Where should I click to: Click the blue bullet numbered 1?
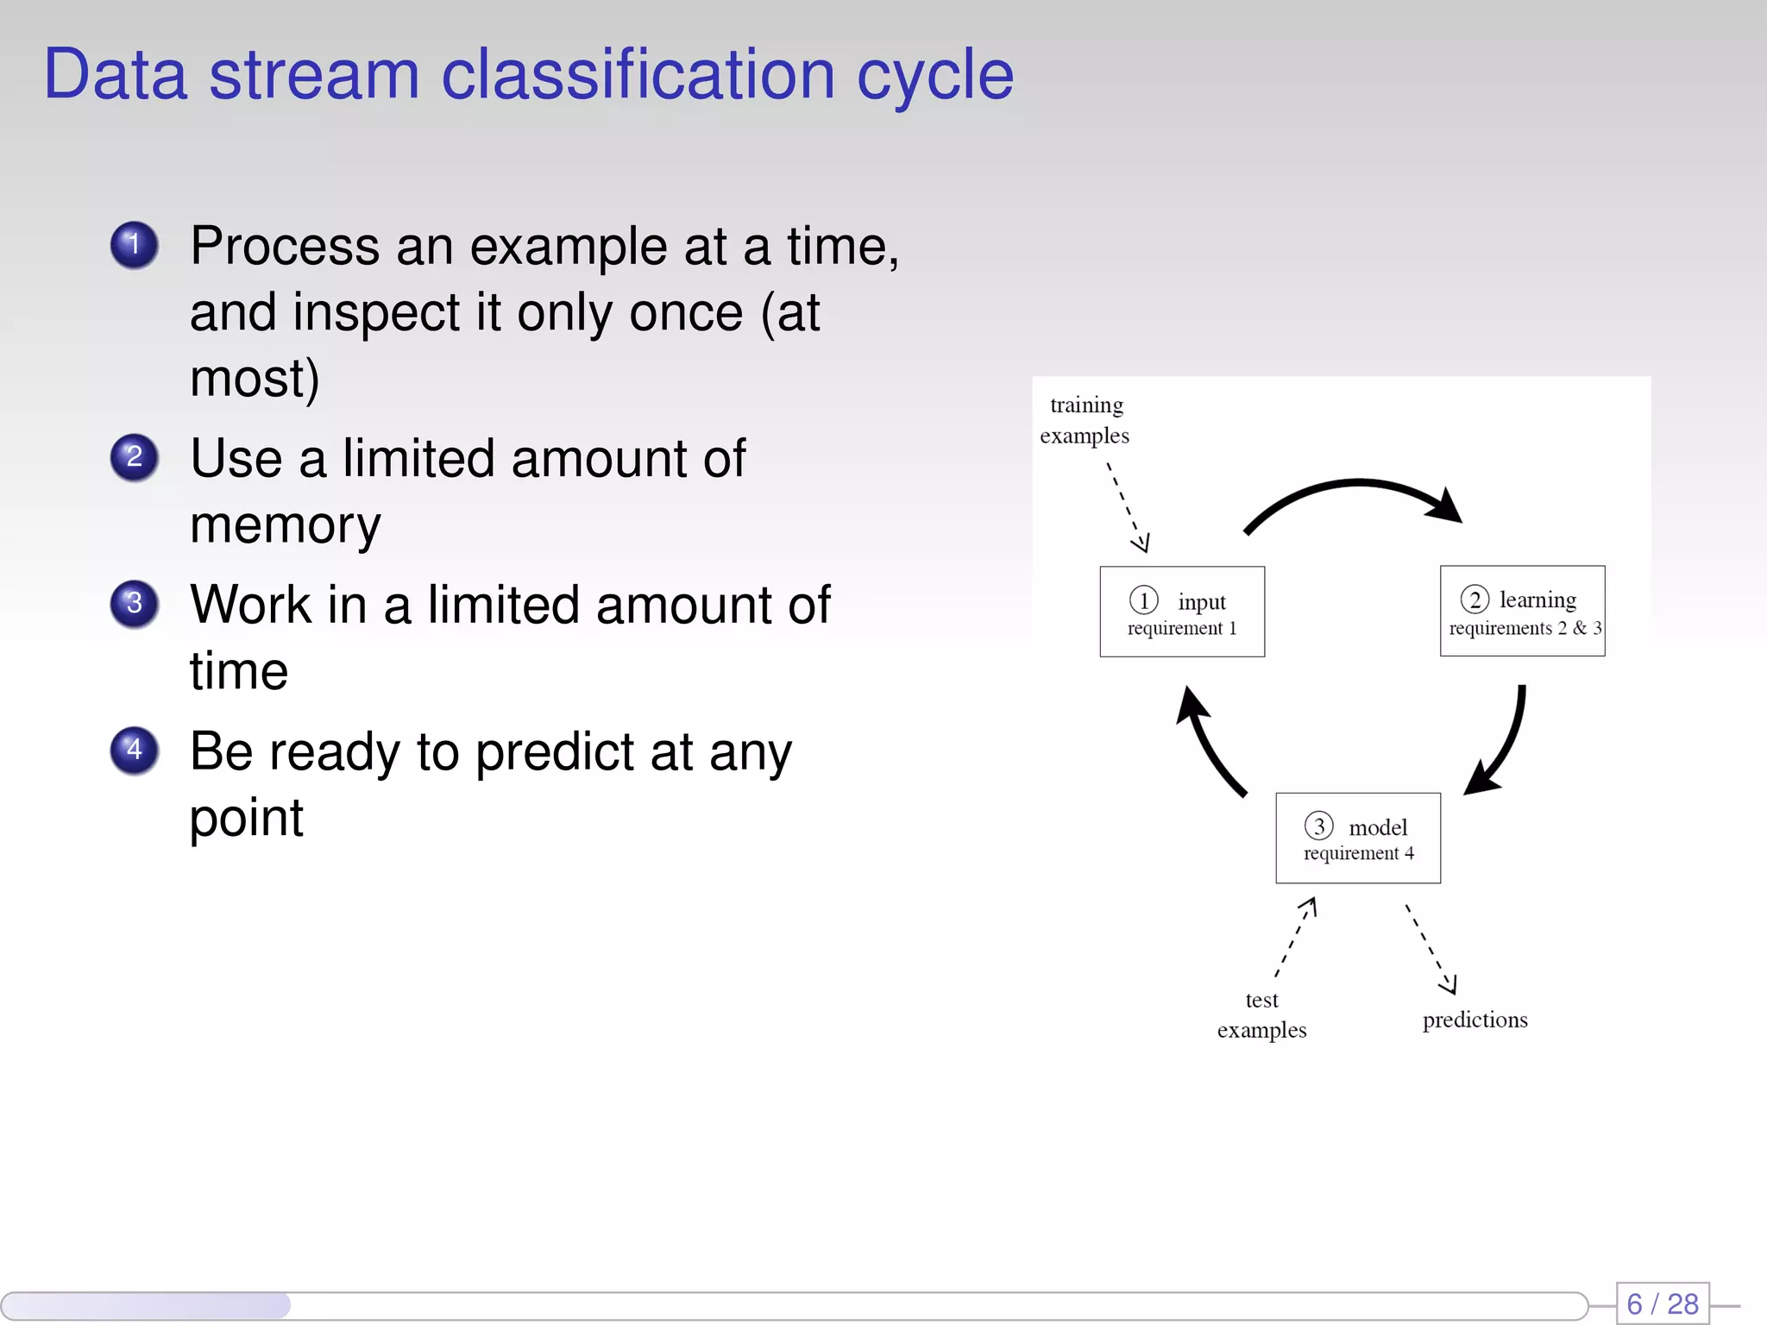pos(134,245)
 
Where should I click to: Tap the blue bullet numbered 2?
pos(134,457)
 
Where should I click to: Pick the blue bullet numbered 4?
pos(134,750)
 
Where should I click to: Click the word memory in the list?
pos(285,525)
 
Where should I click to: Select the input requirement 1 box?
pos(1181,612)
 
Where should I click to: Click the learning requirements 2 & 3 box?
pos(1522,611)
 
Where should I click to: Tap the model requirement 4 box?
pos(1358,838)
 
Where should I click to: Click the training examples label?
pos(1085,420)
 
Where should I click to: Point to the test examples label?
pos(1261,1014)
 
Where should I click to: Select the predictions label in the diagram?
pos(1475,1020)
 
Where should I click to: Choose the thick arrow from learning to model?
pos(1506,742)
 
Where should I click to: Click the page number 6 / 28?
pos(1662,1303)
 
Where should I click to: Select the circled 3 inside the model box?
pos(1318,826)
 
